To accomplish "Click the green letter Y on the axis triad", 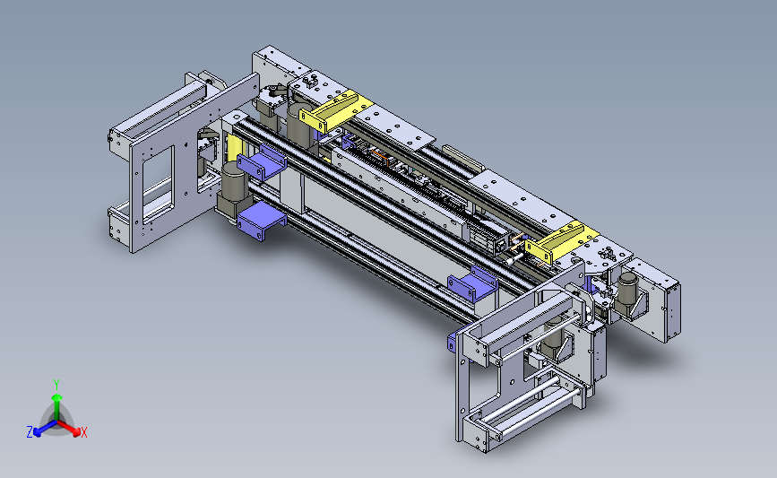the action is [56, 385].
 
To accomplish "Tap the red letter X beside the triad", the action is [83, 432].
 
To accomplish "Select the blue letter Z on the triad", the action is [30, 432].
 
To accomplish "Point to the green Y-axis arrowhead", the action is [57, 397].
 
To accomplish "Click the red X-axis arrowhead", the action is [75, 432].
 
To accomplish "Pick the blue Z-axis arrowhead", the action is [38, 432].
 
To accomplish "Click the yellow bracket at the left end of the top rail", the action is [335, 111].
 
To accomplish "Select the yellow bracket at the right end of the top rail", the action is [561, 242].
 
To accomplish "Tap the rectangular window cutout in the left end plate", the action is [158, 184].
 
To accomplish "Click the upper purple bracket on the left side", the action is [262, 162].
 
